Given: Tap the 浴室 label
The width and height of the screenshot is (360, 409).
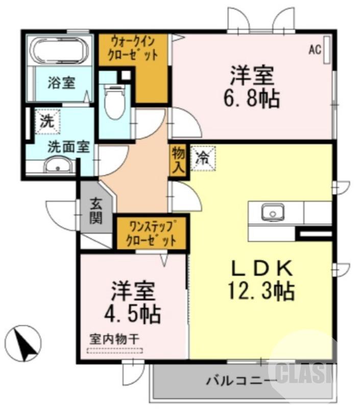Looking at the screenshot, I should pos(62,83).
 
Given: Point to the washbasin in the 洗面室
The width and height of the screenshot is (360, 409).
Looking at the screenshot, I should pos(58,166).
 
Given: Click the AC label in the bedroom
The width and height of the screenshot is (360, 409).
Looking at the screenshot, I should pos(315,50).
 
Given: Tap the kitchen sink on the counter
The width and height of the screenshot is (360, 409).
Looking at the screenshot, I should pos(273,212).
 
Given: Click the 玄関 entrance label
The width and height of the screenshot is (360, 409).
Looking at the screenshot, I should pos(96,211).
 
